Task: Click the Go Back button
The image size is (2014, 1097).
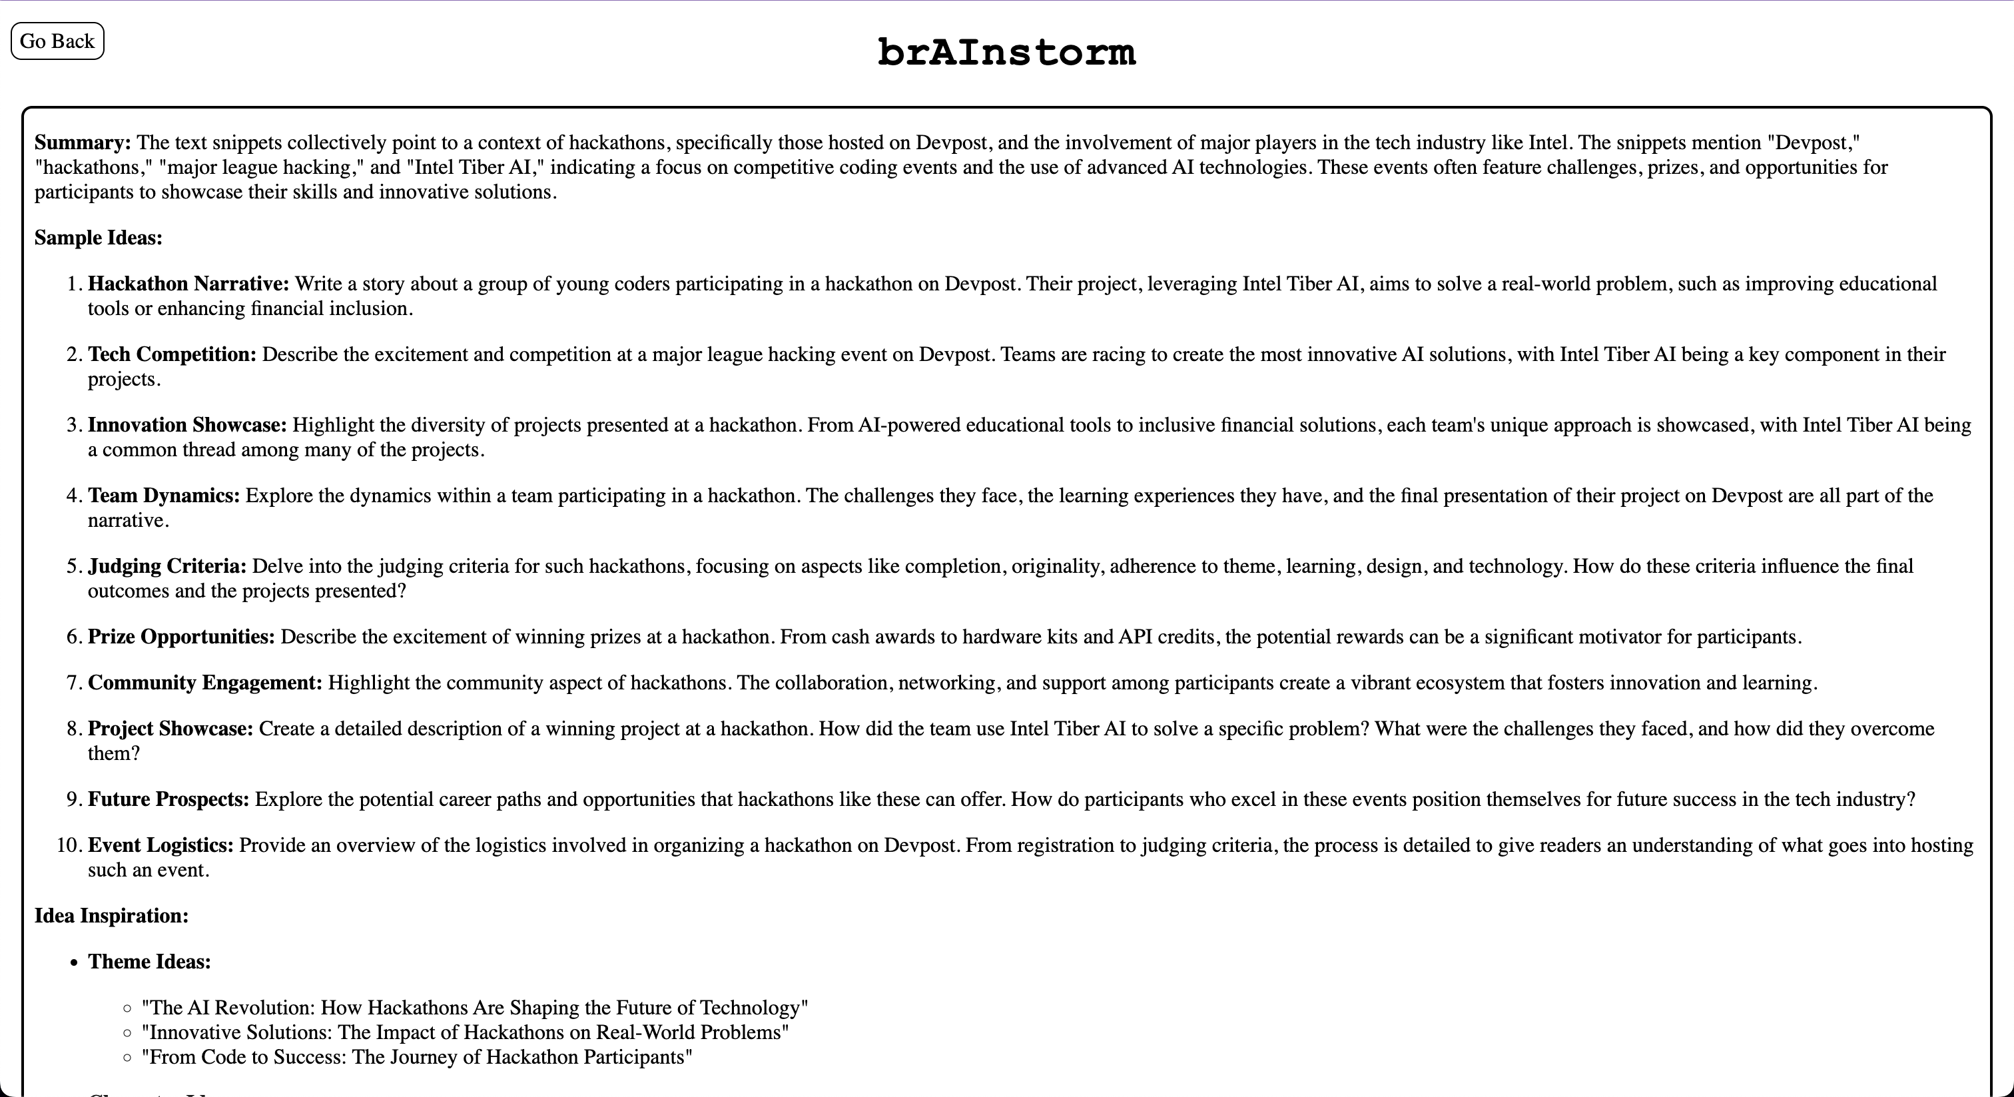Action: (57, 41)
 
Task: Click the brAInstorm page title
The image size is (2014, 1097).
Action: (1006, 53)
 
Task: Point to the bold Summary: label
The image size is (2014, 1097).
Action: (83, 143)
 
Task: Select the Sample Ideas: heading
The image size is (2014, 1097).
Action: (99, 238)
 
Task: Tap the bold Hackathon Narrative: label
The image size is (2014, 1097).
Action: (188, 284)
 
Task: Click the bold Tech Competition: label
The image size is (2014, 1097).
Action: (172, 354)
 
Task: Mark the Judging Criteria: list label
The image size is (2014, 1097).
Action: (167, 566)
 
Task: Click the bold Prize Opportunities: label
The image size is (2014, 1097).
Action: (181, 637)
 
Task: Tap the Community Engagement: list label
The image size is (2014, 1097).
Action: (205, 683)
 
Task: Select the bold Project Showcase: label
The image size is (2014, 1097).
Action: (170, 729)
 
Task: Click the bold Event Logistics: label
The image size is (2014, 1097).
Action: (161, 846)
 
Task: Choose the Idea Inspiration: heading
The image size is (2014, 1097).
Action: (112, 916)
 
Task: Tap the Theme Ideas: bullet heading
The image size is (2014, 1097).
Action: (149, 962)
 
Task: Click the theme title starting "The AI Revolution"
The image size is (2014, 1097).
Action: (475, 1008)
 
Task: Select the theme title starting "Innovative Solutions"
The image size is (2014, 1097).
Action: (465, 1033)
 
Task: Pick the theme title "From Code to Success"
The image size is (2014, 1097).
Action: (417, 1058)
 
